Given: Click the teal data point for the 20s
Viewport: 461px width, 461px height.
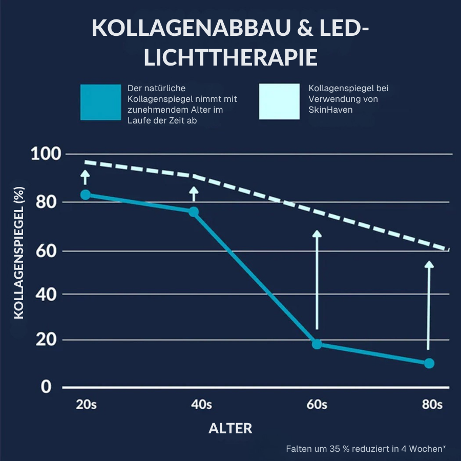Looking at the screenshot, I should [86, 195].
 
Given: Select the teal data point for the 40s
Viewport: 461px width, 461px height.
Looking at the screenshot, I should [194, 212].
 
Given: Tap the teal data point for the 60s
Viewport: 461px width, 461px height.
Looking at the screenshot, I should [317, 344].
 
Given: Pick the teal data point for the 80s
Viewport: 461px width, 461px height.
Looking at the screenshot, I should [429, 363].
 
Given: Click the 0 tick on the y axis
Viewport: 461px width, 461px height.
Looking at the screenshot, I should [47, 387].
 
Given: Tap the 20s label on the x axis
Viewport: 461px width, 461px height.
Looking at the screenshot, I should [86, 405].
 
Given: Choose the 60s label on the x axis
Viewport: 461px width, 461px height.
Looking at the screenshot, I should [317, 405].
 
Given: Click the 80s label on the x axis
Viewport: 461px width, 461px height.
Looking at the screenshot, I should [432, 405].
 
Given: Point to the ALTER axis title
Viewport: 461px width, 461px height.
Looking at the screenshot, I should [230, 428].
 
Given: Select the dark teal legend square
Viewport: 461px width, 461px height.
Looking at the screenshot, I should [100, 101].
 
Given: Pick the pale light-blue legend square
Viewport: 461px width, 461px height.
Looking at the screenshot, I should [279, 101].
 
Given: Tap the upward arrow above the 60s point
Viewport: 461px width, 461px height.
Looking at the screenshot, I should [317, 279].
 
